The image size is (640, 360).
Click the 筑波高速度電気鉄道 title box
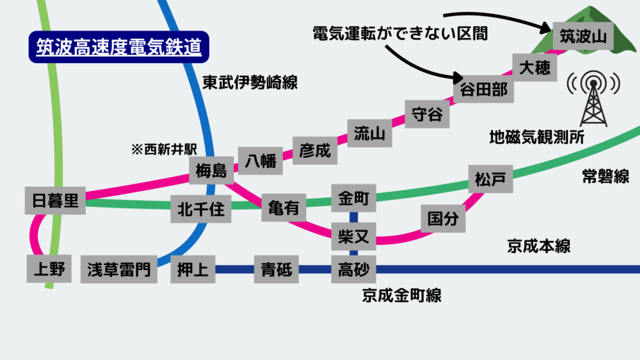118,48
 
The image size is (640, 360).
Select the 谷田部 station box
483,89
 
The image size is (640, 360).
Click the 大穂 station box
534,67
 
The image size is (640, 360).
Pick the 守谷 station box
427,114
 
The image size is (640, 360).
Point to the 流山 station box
369,132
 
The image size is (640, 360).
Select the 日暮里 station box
56,201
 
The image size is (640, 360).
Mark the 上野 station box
49,269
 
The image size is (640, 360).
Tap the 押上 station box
192,270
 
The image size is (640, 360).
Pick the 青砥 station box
276,270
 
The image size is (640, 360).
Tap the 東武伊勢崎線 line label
249,82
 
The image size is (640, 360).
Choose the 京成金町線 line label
401,295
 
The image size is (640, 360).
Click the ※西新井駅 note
164,150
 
